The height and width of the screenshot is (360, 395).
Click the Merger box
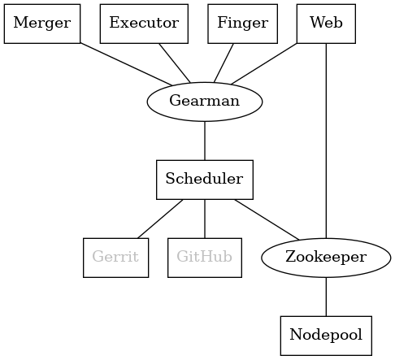click(42, 23)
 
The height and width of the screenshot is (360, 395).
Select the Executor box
click(144, 23)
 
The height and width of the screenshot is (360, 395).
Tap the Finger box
click(242, 23)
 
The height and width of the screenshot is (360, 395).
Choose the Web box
click(326, 23)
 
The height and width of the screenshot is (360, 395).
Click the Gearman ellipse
click(205, 101)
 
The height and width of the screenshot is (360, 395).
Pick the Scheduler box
click(205, 179)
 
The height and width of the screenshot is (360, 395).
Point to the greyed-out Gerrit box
click(115, 257)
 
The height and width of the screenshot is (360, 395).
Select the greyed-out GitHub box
click(205, 257)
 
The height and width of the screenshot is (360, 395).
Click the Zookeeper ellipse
click(326, 257)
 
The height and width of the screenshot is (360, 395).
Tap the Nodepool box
click(326, 335)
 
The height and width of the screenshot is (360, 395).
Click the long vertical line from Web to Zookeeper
click(326, 138)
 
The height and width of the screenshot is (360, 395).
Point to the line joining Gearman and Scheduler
click(205, 140)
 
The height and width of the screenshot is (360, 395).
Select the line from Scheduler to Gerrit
click(160, 218)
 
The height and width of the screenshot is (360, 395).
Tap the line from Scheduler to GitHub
click(205, 218)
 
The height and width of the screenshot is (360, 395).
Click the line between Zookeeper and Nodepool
click(326, 296)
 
